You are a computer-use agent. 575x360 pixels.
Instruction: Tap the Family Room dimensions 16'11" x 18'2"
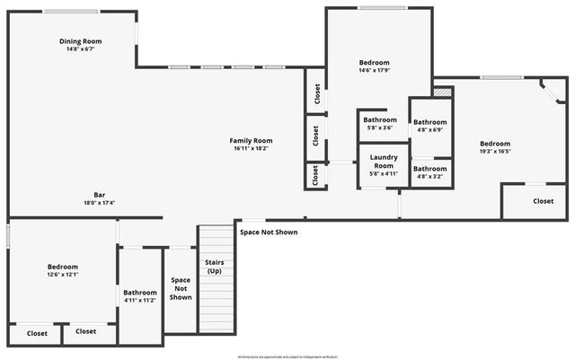[x=251, y=148]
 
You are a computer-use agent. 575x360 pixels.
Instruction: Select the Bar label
[x=100, y=195]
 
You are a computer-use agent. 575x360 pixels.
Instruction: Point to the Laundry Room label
[x=384, y=162]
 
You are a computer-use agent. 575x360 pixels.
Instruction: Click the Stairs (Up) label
[x=215, y=267]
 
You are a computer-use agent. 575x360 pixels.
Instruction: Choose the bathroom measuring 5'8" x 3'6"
[x=380, y=123]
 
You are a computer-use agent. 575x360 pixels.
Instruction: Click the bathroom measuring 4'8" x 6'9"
[x=430, y=126]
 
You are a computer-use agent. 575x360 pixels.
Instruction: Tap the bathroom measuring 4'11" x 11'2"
[x=140, y=295]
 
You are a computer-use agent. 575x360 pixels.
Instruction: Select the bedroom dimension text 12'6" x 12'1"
[x=62, y=275]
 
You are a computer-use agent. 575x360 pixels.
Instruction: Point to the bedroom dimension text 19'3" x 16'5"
[x=494, y=152]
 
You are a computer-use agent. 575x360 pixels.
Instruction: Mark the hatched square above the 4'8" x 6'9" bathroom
[x=441, y=92]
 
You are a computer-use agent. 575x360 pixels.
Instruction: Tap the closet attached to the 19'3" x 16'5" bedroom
[x=543, y=201]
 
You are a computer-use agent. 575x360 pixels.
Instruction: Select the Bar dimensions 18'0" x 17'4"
[x=100, y=203]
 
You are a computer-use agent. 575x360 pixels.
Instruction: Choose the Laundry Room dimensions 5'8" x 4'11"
[x=384, y=173]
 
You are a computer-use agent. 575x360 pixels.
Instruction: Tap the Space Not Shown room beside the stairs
[x=181, y=288]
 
